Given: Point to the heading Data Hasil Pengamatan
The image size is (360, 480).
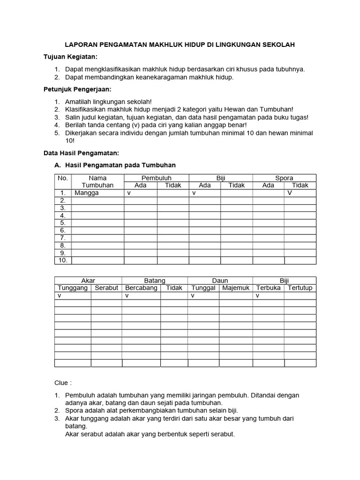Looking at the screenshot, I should click(x=82, y=153).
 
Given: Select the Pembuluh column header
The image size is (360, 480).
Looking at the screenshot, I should click(x=157, y=178).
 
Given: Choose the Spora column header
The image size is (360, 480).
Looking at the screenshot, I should click(x=284, y=178).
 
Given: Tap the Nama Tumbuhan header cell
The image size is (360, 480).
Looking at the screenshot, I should click(x=97, y=181).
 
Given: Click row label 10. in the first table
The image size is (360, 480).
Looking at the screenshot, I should click(x=63, y=260).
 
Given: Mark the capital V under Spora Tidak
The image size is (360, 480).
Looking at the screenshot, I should click(x=290, y=193).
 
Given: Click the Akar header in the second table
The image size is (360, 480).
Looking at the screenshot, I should click(x=88, y=280).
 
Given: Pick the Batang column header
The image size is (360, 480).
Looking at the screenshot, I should click(x=155, y=280).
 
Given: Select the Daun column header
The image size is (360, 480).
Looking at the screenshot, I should click(x=220, y=280).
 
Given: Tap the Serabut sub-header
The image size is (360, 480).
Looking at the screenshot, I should click(x=106, y=288).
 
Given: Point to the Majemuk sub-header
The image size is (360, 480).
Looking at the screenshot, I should click(x=236, y=288).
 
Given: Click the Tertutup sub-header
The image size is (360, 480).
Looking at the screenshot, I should click(x=300, y=288).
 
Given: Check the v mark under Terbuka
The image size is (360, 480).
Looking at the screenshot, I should click(x=257, y=296).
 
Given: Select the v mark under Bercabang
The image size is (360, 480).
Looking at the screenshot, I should click(x=127, y=296).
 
